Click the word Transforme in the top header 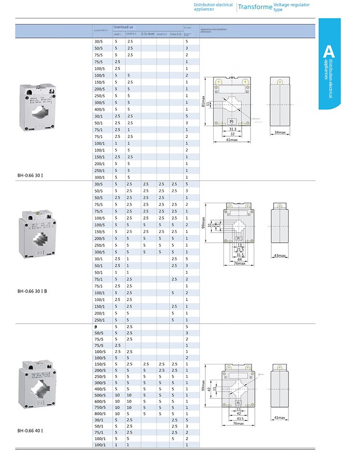click(255, 7)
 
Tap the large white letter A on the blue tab click(329, 52)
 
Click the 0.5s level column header click(148, 34)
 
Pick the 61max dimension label click(231, 140)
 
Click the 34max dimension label click(280, 132)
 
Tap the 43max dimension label click(280, 256)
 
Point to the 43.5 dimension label click(239, 419)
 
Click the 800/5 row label click(99, 413)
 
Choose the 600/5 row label click(99, 401)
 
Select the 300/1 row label click(99, 177)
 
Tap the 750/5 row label click(99, 408)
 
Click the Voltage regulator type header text click(291, 7)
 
